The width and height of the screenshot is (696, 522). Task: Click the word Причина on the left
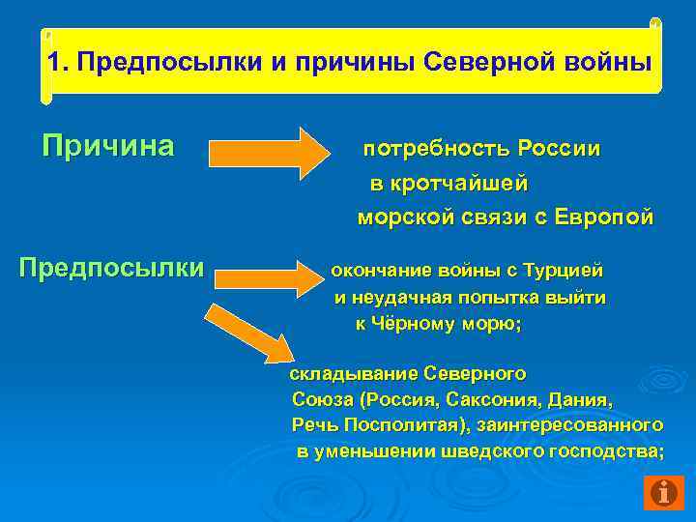point(108,147)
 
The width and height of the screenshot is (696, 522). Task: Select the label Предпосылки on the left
point(112,267)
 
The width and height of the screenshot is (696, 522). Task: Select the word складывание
point(341,372)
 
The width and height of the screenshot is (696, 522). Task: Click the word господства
point(606,450)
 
